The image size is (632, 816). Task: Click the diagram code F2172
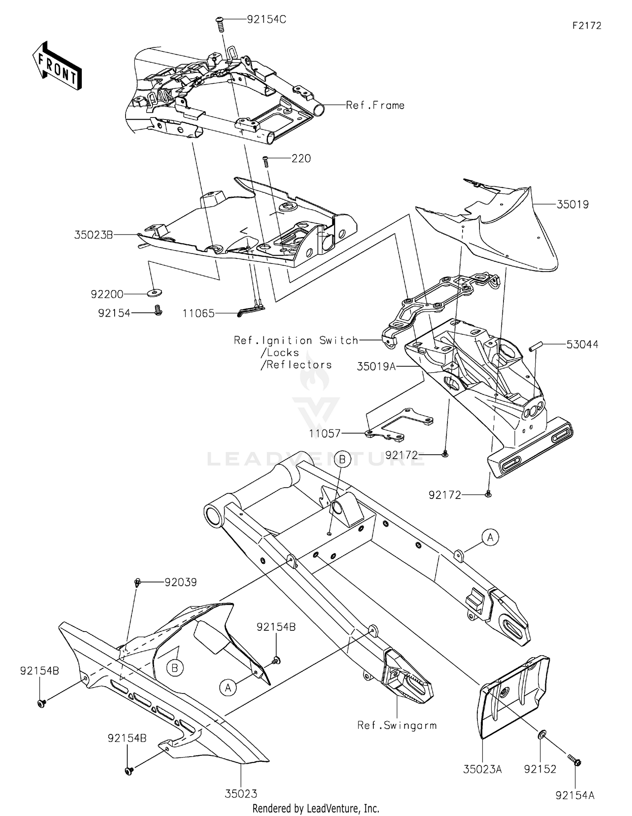tap(586, 26)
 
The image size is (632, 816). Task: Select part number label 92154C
tap(266, 19)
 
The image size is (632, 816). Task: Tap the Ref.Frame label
tap(375, 105)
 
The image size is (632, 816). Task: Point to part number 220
tap(301, 159)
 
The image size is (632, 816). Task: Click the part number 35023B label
tap(94, 235)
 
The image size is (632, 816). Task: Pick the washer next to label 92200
tap(156, 292)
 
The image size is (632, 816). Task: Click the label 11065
tap(198, 313)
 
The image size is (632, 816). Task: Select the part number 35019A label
tap(376, 366)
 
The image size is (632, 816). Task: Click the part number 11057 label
tap(324, 433)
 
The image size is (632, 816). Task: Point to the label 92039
tap(180, 582)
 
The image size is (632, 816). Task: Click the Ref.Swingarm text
tap(397, 725)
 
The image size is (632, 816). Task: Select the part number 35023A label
tap(482, 769)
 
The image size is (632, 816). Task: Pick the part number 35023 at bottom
tap(241, 794)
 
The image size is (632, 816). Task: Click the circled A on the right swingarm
tap(490, 537)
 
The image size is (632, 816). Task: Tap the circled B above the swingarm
tap(342, 459)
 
